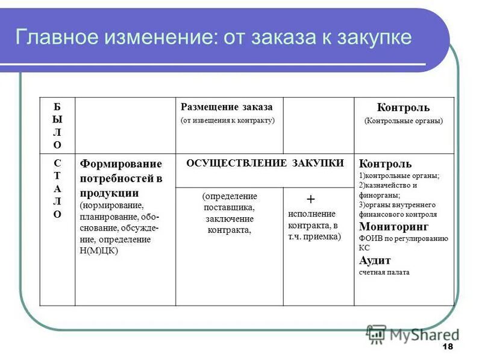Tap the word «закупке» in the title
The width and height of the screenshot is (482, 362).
375,37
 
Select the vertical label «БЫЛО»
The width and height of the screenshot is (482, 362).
57,125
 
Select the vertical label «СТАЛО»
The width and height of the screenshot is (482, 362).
57,188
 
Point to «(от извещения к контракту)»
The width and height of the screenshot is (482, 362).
227,120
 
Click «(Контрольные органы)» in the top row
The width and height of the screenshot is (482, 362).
403,121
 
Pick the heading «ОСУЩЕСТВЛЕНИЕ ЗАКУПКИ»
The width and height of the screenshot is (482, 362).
265,163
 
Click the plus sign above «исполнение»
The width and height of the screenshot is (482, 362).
311,199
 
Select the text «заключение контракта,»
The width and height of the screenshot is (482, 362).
229,224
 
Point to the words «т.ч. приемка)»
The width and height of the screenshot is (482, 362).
314,237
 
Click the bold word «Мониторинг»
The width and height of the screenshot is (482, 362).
393,227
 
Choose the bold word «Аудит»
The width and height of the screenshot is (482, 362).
375,261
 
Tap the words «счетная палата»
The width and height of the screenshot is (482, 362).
384,272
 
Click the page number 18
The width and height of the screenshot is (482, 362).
447,346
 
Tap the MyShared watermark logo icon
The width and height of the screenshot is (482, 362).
376,332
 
